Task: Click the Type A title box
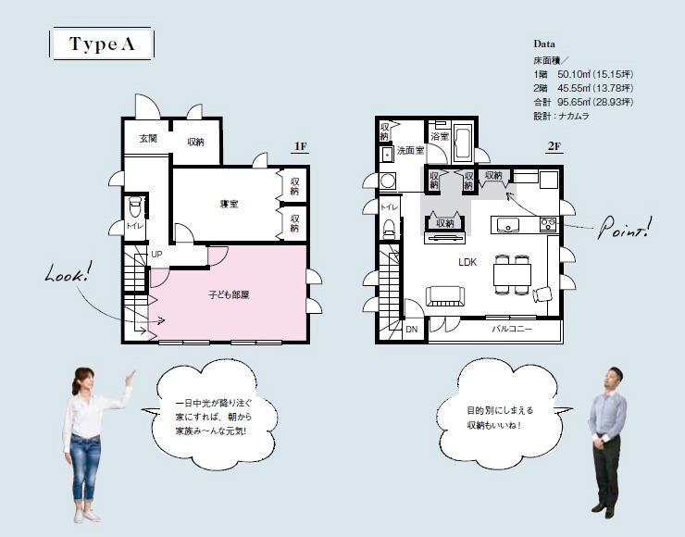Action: (x=101, y=44)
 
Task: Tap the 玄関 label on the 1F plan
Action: (x=148, y=139)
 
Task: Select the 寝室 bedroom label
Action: (x=230, y=204)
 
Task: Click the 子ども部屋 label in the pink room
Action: (x=229, y=295)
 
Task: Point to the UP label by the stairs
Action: (x=156, y=254)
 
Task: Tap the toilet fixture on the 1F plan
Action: (x=134, y=206)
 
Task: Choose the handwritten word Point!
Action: (x=625, y=228)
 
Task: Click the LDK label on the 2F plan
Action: (x=467, y=262)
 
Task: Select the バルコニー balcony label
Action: (x=512, y=329)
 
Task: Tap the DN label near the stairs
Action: (x=412, y=329)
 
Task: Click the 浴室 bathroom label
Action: (x=440, y=136)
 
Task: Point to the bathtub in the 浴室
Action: (x=464, y=142)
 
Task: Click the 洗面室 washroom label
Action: (x=411, y=151)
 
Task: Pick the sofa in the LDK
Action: (x=445, y=297)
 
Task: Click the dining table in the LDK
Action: (x=513, y=275)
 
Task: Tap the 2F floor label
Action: (x=554, y=146)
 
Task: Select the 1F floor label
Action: (x=301, y=146)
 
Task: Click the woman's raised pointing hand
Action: (x=131, y=377)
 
